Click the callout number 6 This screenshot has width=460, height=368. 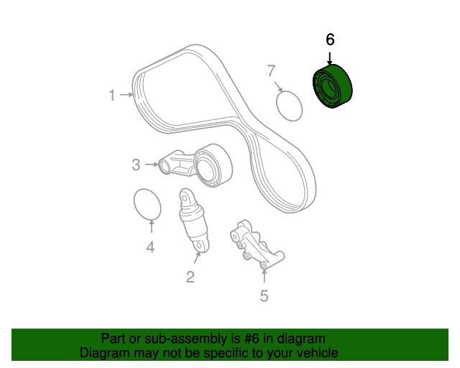(x=330, y=40)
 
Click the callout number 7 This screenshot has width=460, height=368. (x=271, y=70)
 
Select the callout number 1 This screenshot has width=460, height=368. (x=112, y=95)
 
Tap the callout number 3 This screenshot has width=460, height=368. (x=136, y=165)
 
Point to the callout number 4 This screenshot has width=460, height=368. (x=150, y=248)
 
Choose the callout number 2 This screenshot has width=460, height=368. (x=190, y=277)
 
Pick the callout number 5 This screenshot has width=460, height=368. (x=264, y=295)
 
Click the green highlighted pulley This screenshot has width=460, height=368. (x=333, y=88)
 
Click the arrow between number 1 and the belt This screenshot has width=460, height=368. (x=127, y=95)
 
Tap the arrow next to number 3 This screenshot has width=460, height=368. (x=151, y=165)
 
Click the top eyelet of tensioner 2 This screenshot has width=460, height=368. (x=185, y=195)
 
